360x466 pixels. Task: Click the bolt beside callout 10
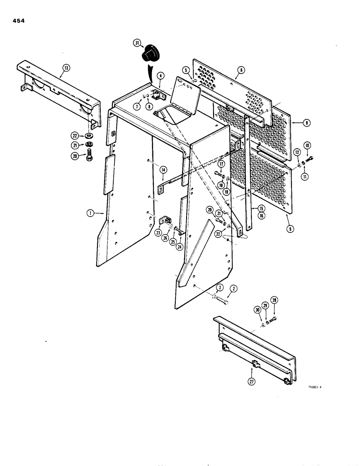tap(309, 159)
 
